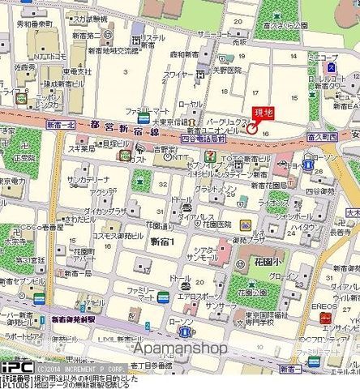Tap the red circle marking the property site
251,128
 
